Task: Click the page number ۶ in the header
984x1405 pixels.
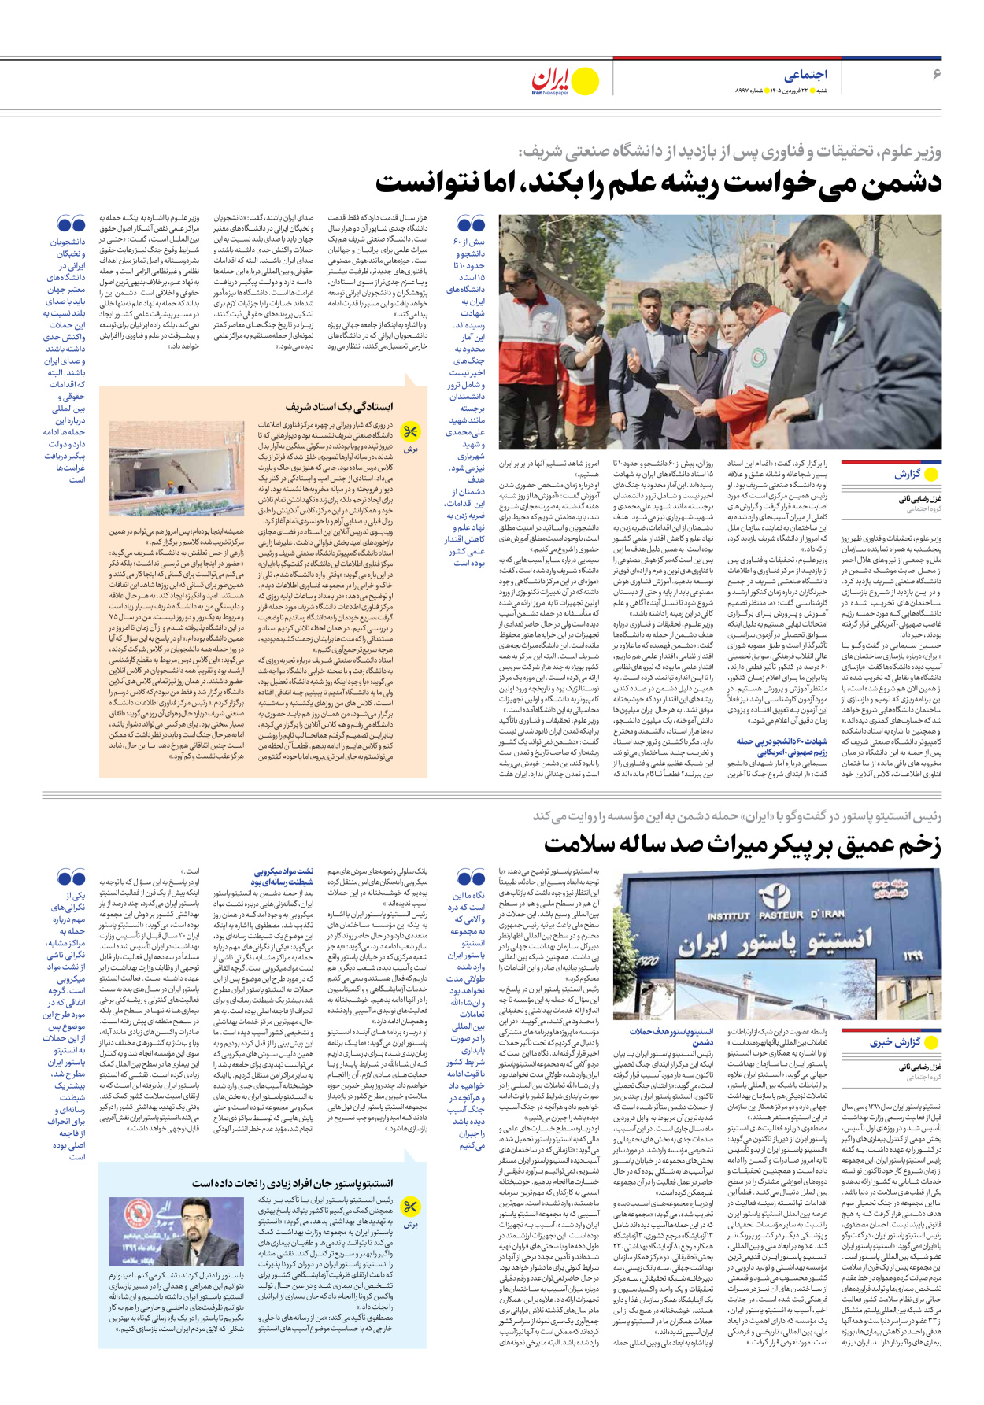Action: [x=936, y=74]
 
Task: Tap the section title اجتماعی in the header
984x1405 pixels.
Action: [x=805, y=75]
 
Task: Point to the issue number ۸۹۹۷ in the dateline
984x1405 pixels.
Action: [x=742, y=91]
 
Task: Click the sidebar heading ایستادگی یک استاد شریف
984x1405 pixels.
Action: [x=339, y=407]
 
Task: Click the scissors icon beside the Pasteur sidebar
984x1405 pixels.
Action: [x=409, y=1207]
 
